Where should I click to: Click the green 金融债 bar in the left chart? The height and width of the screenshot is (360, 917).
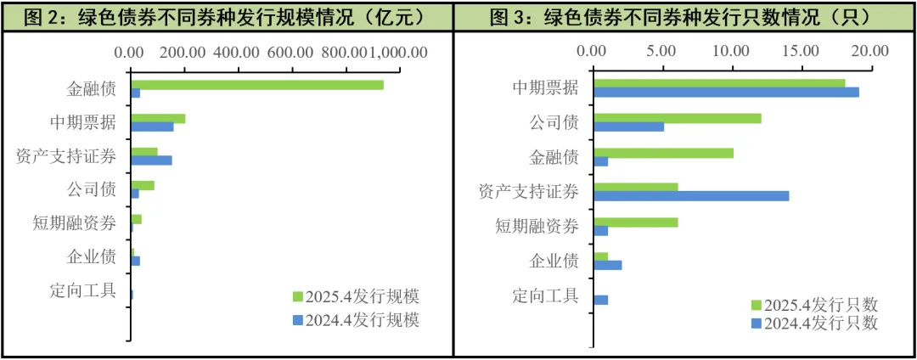[x=256, y=85]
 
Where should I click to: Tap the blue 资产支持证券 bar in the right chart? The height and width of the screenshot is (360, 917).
[x=691, y=196]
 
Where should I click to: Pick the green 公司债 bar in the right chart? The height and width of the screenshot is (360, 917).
[x=678, y=118]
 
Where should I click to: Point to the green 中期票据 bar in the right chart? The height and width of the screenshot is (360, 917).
[x=719, y=82]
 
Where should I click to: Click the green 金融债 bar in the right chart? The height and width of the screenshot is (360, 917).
[x=663, y=153]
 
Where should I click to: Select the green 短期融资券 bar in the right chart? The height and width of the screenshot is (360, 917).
[x=636, y=222]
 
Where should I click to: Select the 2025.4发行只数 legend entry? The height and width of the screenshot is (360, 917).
[x=813, y=305]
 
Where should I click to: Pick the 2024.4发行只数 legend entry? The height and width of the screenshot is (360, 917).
[x=813, y=323]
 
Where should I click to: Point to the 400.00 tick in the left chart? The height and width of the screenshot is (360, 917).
[x=236, y=52]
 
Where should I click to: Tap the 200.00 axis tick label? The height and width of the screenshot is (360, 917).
[x=183, y=52]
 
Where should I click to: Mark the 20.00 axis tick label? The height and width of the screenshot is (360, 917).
[x=869, y=51]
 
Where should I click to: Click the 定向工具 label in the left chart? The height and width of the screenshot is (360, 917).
[x=83, y=290]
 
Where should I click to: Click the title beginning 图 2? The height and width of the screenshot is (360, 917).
[x=226, y=16]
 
